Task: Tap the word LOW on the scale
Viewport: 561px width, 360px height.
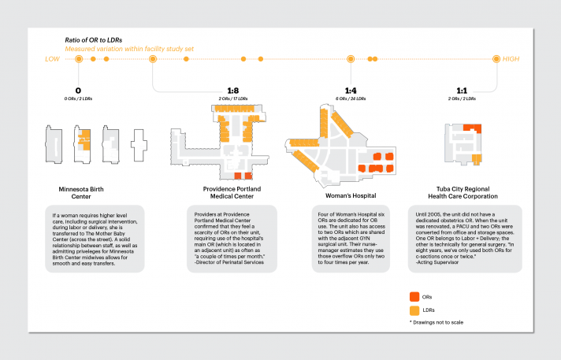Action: [52, 59]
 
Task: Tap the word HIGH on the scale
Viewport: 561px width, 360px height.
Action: [511, 59]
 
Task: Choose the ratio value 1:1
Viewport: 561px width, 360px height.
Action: [465, 91]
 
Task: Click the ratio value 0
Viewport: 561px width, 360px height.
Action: [77, 91]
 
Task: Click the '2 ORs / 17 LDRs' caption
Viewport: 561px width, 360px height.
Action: [232, 98]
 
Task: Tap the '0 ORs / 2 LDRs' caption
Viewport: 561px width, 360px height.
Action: [77, 98]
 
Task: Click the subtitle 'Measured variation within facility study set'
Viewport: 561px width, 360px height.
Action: [128, 48]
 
